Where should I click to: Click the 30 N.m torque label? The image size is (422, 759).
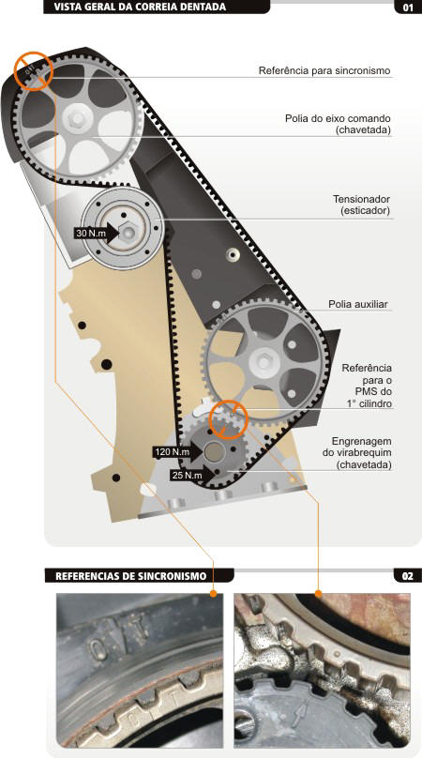tap(88, 233)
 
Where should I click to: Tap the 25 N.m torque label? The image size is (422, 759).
tap(188, 476)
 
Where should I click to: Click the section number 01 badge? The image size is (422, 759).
tap(408, 8)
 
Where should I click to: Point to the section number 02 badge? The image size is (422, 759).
tap(408, 576)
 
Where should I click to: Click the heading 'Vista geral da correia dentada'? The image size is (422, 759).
tap(140, 7)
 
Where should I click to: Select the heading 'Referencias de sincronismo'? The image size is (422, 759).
tap(130, 576)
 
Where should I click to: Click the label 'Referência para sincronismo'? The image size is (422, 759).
tap(324, 70)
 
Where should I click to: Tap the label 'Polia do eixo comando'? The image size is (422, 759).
tap(338, 124)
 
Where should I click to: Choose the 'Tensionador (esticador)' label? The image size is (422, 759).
tap(361, 205)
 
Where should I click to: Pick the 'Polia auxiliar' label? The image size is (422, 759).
tap(358, 305)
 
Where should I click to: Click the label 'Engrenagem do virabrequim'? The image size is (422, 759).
tap(357, 453)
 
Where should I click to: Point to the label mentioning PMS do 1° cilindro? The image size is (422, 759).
tap(368, 386)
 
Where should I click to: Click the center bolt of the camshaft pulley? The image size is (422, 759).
tap(78, 117)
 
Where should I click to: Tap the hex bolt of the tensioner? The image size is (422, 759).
tap(128, 233)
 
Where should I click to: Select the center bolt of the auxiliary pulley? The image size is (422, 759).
tap(262, 362)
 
